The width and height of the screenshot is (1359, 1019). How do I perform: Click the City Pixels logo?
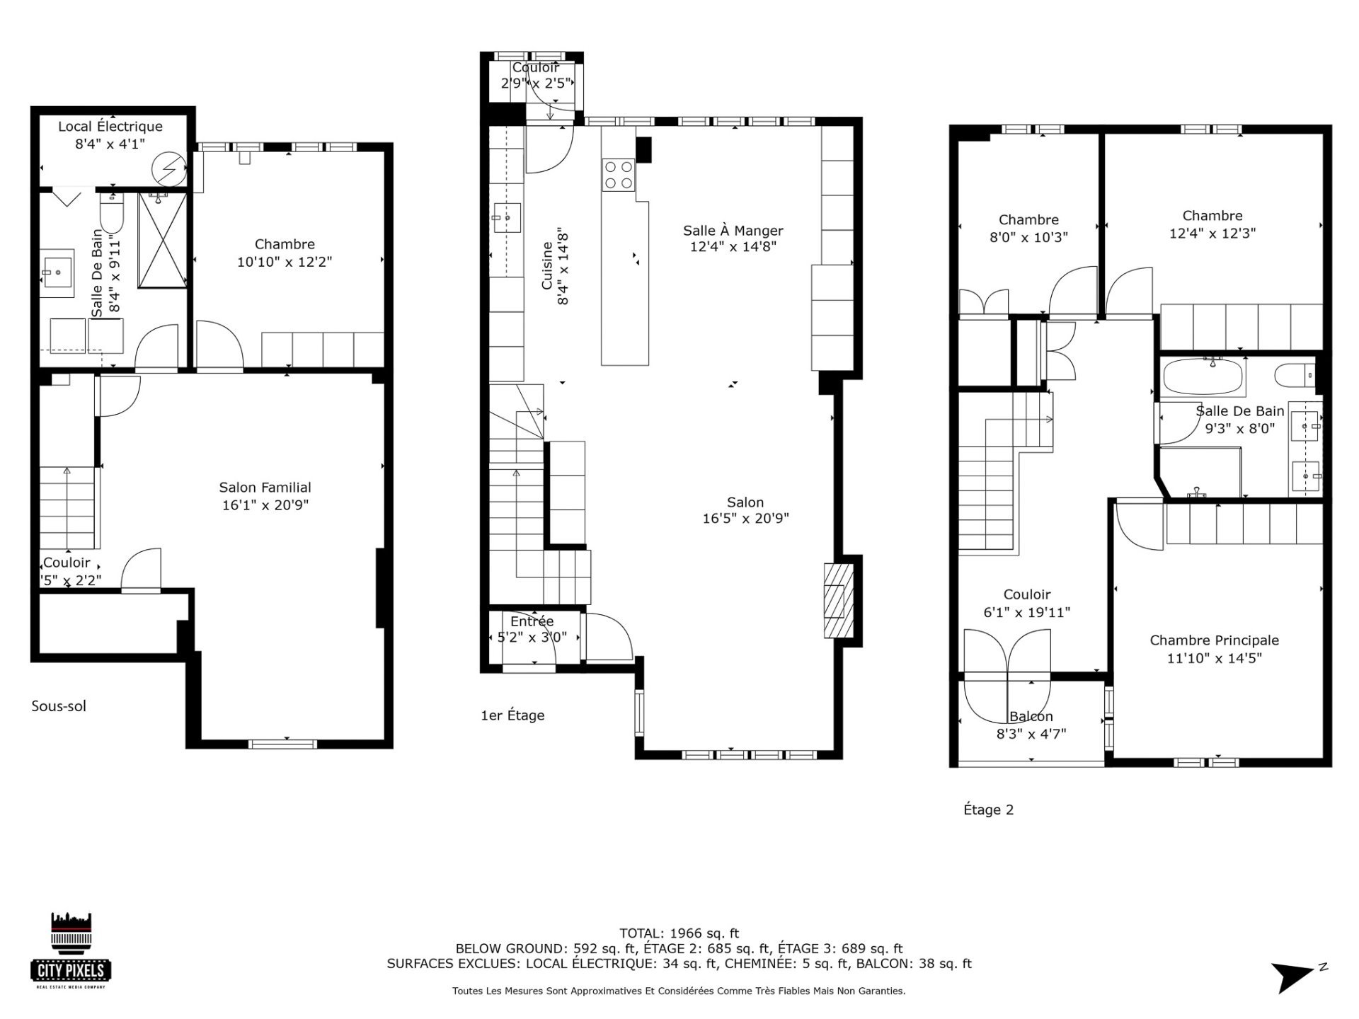[71, 949]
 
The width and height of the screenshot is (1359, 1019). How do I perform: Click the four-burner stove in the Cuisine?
[618, 175]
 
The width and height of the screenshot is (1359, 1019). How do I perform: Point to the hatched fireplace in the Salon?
[839, 601]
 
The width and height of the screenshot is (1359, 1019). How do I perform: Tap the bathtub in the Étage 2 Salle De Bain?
[1203, 377]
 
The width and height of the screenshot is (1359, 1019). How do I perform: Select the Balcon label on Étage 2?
[1031, 717]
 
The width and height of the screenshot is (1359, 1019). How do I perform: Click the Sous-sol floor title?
[59, 706]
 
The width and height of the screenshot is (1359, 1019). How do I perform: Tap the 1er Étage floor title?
[512, 715]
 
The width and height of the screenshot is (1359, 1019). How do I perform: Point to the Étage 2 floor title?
[988, 810]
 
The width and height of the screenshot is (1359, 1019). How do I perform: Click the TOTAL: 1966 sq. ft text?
[679, 933]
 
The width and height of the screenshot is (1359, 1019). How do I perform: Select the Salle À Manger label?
[733, 231]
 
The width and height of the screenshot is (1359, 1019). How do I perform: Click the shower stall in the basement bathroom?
[162, 240]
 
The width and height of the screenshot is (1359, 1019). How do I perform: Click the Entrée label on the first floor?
[532, 621]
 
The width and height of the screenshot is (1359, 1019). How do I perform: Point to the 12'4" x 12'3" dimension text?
[1212, 234]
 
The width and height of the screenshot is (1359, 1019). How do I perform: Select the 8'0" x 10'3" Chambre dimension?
[1028, 238]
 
